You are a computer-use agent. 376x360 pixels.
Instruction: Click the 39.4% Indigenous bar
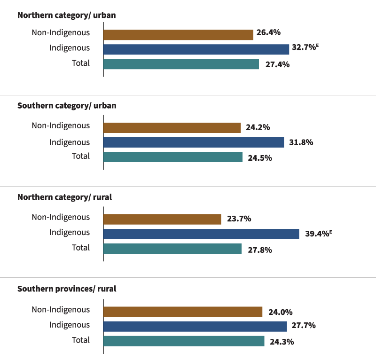pyautogui.click(x=201, y=234)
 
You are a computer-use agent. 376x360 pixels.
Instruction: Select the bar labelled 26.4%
pyautogui.click(x=178, y=34)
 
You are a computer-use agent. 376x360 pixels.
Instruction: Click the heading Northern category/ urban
pyautogui.click(x=67, y=15)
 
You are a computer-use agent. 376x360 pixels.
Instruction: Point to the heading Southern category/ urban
pyautogui.click(x=67, y=106)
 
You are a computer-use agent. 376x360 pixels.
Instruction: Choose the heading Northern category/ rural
pyautogui.click(x=64, y=197)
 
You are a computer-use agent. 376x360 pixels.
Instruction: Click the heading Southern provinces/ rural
pyautogui.click(x=67, y=289)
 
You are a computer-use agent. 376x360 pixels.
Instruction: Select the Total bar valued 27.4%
pyautogui.click(x=181, y=64)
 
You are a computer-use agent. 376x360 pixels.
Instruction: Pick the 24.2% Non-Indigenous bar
pyautogui.click(x=172, y=127)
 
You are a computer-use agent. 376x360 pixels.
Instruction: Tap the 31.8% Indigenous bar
pyautogui.click(x=194, y=142)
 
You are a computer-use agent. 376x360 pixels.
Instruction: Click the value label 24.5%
pyautogui.click(x=260, y=158)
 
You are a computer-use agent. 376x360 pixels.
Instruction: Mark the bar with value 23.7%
pyautogui.click(x=162, y=219)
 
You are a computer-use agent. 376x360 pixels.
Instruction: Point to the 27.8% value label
pyautogui.click(x=260, y=250)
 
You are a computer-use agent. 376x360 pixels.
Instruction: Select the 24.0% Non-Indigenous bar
pyautogui.click(x=183, y=312)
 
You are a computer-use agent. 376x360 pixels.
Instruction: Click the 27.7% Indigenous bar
pyautogui.click(x=195, y=326)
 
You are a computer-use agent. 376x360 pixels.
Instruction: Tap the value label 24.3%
pyautogui.click(x=282, y=342)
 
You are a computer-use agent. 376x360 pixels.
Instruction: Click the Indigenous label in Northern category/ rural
pyautogui.click(x=70, y=232)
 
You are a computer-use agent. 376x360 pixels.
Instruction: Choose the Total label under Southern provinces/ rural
pyautogui.click(x=80, y=340)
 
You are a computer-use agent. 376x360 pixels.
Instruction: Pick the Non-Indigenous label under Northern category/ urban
pyautogui.click(x=61, y=32)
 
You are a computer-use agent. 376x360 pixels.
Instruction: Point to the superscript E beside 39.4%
pyautogui.click(x=331, y=231)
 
